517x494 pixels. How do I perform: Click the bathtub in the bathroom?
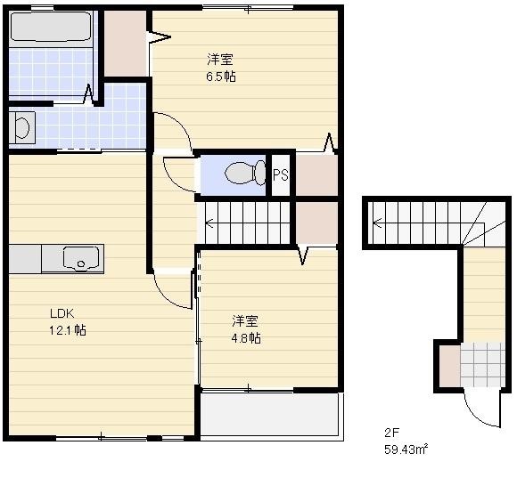coord(51,27)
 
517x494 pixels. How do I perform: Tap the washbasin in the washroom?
coord(22,127)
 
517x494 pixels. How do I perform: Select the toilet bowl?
coord(245,173)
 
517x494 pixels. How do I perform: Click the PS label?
coord(281,174)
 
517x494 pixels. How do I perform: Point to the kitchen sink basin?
coord(81,258)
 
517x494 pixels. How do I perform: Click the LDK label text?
coord(62,313)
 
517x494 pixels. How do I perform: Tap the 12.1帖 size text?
coord(68,330)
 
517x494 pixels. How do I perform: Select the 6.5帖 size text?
coord(221,77)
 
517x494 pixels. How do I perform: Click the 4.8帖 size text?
coord(246,338)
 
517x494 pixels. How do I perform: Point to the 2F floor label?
coord(391,433)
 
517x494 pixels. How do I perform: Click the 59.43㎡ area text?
coord(406,449)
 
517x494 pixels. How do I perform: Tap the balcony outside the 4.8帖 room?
coord(270,414)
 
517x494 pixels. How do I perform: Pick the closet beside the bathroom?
coord(126,44)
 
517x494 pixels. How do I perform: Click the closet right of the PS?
coord(316,174)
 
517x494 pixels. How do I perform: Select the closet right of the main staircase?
coord(316,223)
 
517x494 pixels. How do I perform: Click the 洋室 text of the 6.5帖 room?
coord(220,60)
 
